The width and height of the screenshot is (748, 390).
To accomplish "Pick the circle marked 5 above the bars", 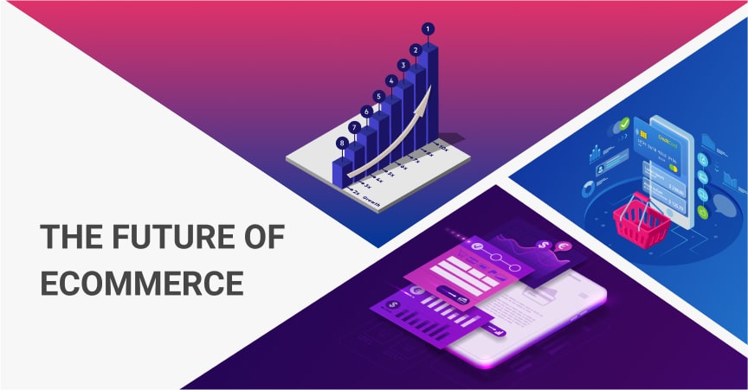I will [x=378, y=96].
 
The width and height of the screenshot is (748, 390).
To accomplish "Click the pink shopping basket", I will [x=642, y=222].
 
